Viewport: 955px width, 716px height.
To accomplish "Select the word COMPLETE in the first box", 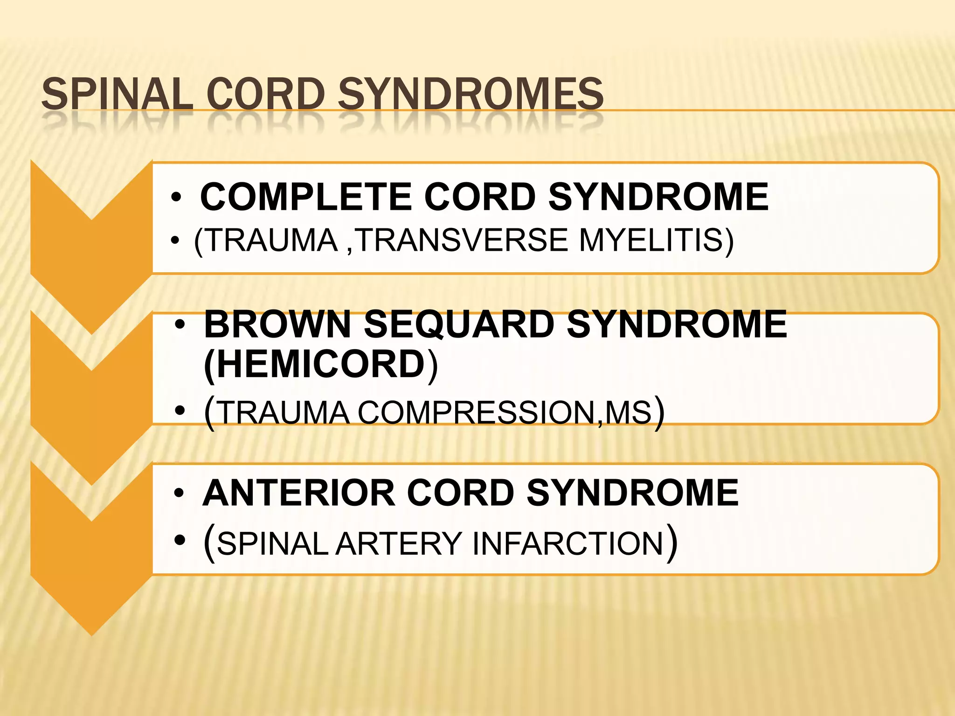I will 306,197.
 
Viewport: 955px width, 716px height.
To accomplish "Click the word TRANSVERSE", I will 462,241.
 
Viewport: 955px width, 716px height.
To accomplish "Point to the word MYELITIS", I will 656,241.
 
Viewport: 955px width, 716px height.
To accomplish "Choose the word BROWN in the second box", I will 277,324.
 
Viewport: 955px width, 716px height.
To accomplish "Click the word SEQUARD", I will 459,324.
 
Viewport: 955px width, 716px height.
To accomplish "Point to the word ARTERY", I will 398,544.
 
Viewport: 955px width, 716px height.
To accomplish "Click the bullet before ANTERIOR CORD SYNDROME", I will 179,493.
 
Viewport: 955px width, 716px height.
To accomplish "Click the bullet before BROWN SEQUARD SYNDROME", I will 180,325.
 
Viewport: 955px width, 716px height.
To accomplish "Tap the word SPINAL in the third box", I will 273,544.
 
